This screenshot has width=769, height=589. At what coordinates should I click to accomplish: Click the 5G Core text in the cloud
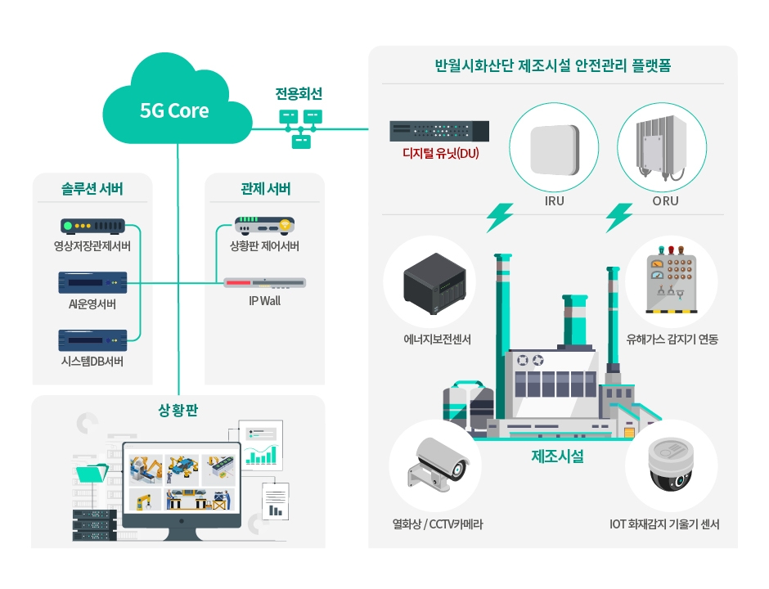174,110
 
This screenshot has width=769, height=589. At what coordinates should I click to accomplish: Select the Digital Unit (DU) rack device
439,130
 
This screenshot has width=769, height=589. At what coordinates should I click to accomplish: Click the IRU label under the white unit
554,201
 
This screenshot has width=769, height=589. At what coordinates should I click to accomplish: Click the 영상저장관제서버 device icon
92,227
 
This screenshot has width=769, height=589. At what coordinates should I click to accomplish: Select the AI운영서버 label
92,305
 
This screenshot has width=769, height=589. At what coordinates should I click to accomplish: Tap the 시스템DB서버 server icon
92,339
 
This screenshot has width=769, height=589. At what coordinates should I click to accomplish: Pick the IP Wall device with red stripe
264,283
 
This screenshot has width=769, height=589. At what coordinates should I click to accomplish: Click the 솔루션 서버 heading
92,190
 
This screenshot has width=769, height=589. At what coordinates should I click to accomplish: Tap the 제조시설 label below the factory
557,456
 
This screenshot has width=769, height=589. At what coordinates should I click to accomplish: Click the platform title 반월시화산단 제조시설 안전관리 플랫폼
553,65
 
